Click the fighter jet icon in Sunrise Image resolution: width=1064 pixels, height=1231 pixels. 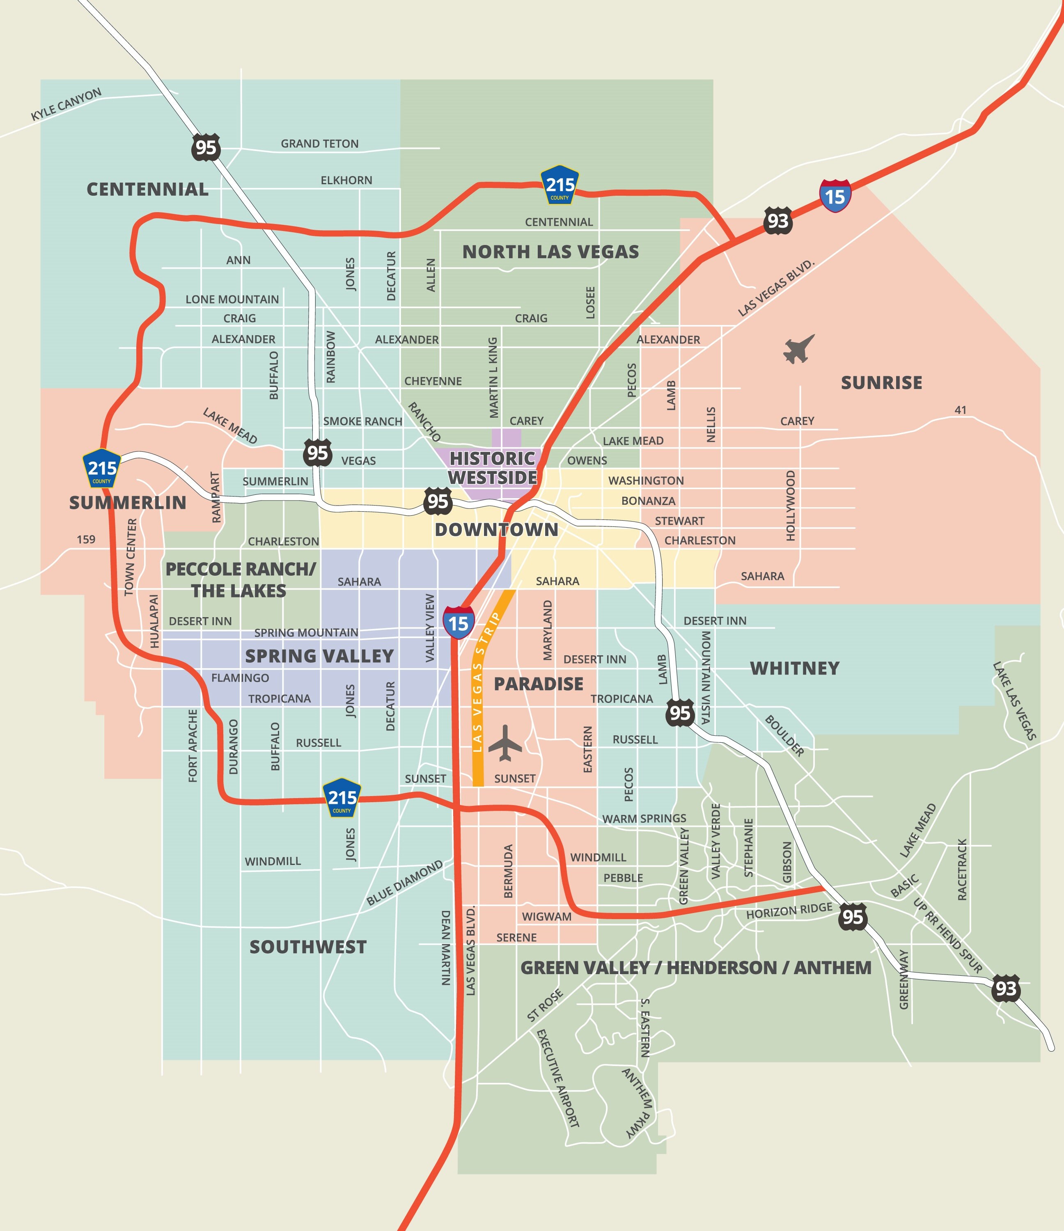click(x=798, y=349)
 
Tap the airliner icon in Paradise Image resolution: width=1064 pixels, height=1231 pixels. click(x=504, y=743)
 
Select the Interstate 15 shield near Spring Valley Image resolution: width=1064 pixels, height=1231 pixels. click(x=458, y=622)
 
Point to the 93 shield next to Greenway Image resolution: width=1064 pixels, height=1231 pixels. click(x=1005, y=988)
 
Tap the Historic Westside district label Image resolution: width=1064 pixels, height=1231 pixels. click(x=492, y=467)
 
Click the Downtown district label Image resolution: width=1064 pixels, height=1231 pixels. click(x=496, y=530)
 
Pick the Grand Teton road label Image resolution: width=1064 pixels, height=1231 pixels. click(x=319, y=144)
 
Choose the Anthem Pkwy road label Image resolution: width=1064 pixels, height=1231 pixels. click(x=638, y=1103)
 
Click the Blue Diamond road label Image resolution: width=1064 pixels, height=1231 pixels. click(x=404, y=883)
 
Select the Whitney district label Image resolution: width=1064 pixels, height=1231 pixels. click(x=794, y=668)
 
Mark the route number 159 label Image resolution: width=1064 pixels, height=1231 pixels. click(x=86, y=540)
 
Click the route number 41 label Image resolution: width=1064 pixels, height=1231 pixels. click(x=960, y=410)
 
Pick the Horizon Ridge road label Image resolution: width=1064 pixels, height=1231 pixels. click(x=789, y=911)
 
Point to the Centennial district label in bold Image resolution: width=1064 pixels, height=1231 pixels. click(x=147, y=190)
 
